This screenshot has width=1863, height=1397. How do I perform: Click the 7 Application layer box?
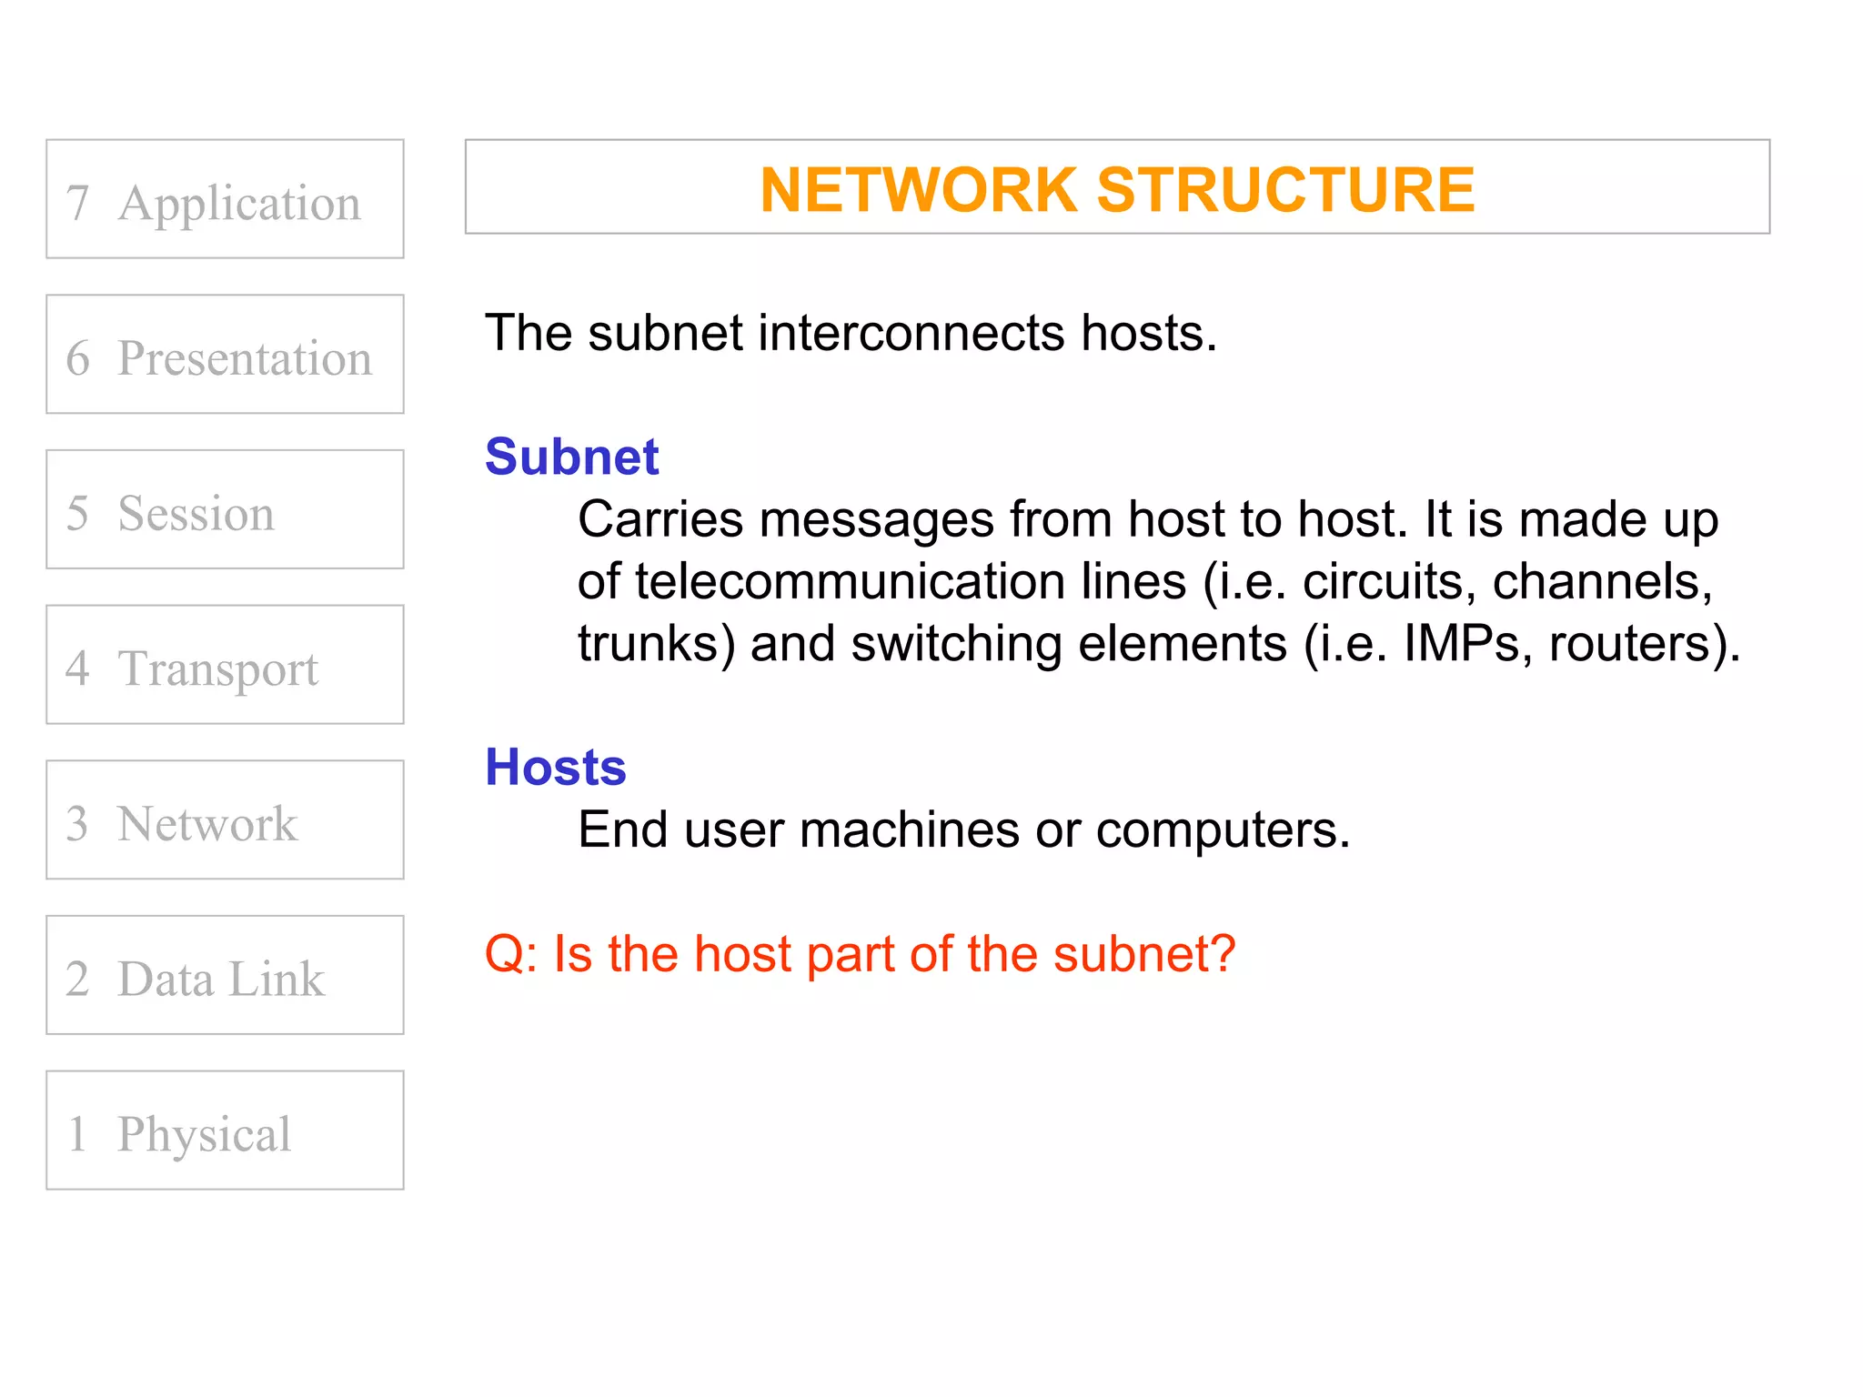pos(225,199)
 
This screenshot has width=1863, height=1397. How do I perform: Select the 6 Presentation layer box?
pos(225,355)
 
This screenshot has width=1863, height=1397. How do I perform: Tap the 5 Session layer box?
pos(225,509)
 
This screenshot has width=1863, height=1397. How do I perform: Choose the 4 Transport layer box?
pos(225,665)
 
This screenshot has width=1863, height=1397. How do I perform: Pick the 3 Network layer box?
pos(225,820)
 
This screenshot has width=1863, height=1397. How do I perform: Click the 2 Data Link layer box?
pos(225,975)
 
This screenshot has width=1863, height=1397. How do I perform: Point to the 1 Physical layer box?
pos(225,1131)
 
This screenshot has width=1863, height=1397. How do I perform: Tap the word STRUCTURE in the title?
pos(1285,190)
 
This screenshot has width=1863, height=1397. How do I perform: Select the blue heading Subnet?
pos(571,457)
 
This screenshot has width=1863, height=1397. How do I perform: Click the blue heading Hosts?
pos(556,767)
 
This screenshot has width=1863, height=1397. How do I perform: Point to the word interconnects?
pos(911,333)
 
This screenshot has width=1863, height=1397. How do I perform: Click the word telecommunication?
pos(850,581)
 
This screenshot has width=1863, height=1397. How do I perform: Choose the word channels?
pos(1601,581)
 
